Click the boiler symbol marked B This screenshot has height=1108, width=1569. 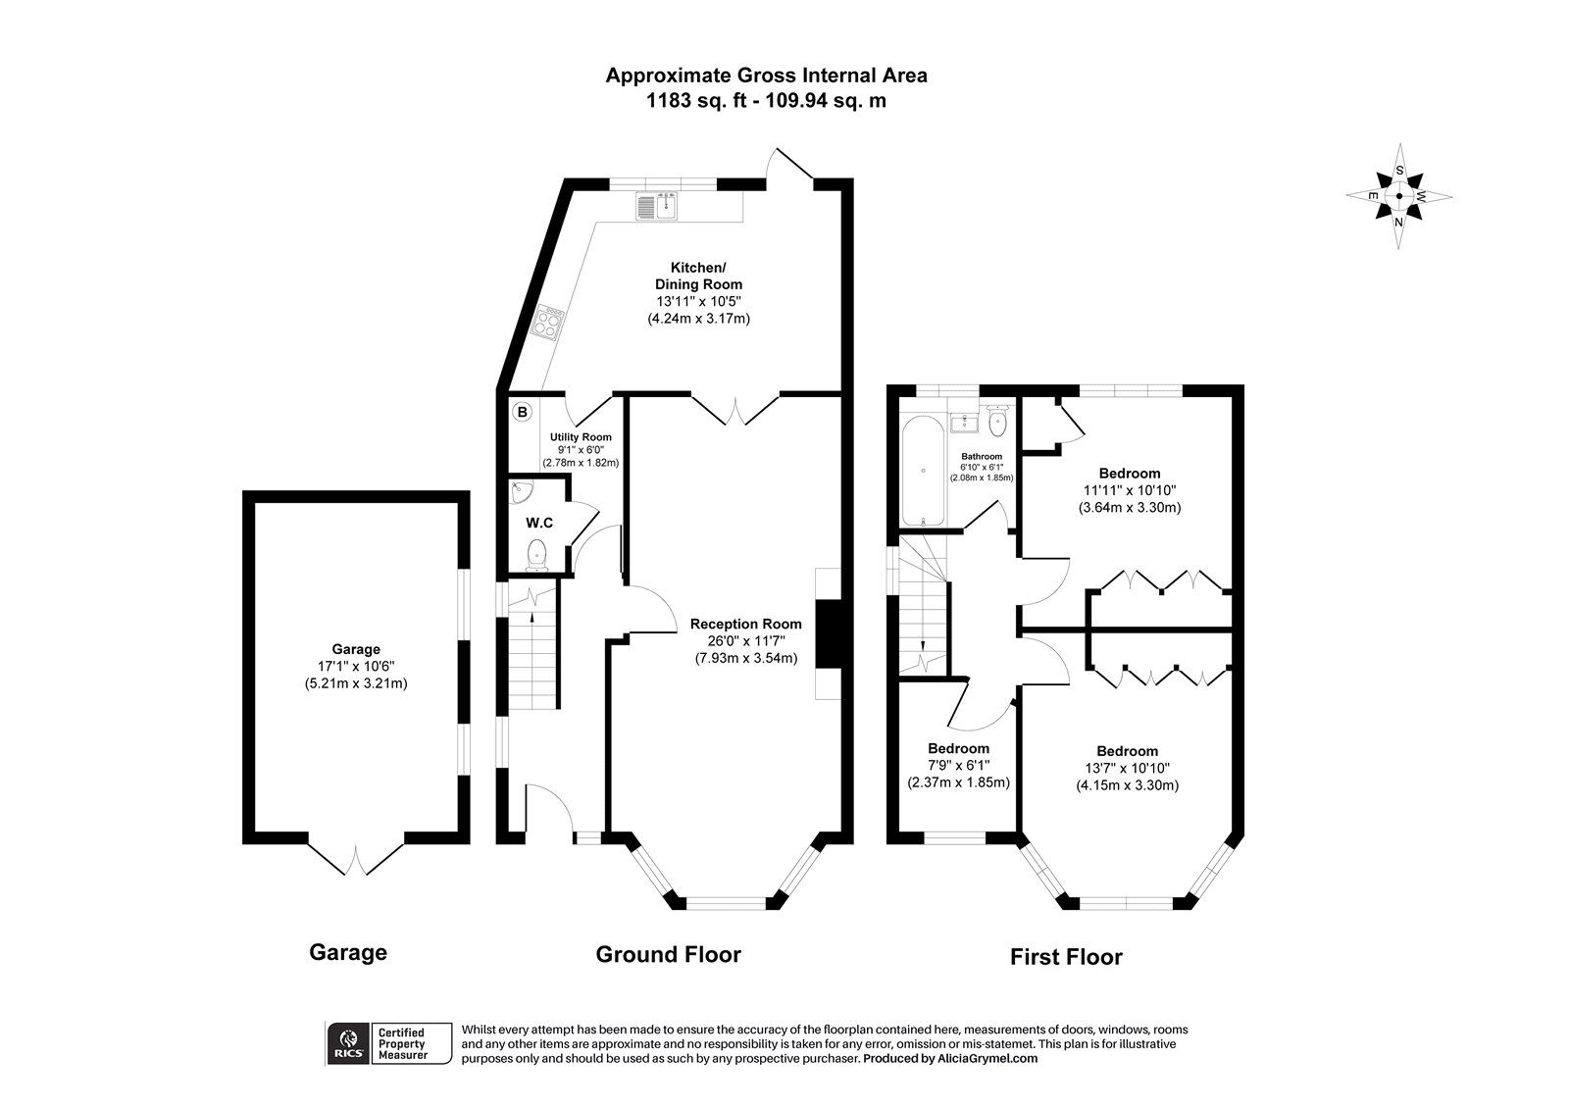coord(523,413)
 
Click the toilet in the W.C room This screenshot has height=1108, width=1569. coord(536,556)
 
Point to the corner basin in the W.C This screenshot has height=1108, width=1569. coord(521,491)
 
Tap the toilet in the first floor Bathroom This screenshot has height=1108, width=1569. coord(997,424)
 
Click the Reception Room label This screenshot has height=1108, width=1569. coord(745,624)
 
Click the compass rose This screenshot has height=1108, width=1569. coord(1399,196)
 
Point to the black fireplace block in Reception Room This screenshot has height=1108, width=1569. coord(827,634)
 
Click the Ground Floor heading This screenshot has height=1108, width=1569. coord(669,954)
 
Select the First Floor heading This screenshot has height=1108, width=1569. coord(1066,957)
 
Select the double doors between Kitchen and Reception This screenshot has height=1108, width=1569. coord(735,410)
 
